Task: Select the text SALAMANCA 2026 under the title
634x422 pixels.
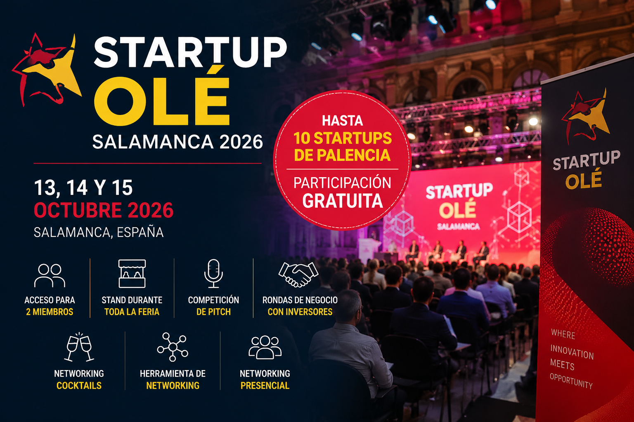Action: (177, 142)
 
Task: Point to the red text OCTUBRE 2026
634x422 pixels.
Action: (104, 210)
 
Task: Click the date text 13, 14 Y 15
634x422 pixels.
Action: (83, 188)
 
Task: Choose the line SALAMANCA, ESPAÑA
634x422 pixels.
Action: (99, 232)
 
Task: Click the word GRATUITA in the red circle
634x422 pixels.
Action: (343, 201)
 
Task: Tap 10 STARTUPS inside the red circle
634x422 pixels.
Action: (343, 138)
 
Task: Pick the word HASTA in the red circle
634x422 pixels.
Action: (343, 121)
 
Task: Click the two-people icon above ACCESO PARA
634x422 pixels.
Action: (50, 275)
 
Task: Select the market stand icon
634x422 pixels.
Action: (132, 273)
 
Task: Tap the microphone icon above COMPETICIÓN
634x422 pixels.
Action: (213, 273)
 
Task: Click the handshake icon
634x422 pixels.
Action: (298, 274)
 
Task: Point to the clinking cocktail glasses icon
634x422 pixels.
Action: (79, 347)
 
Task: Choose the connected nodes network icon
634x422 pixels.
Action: (173, 347)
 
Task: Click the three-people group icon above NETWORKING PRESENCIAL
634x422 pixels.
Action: (265, 347)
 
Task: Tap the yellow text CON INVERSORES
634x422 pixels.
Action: (300, 312)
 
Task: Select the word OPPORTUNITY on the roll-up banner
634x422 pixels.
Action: (571, 381)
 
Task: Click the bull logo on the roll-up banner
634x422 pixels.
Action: (585, 116)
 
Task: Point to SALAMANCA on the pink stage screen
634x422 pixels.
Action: (459, 226)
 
